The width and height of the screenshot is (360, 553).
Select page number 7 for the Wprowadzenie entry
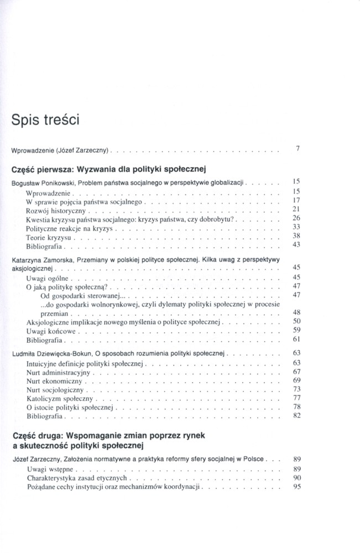coord(297,148)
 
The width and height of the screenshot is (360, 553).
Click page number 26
coord(296,218)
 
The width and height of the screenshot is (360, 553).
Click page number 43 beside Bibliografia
coord(296,244)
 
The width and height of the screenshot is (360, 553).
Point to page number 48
coord(296,312)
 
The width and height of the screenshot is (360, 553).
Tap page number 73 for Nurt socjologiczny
coord(296,389)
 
